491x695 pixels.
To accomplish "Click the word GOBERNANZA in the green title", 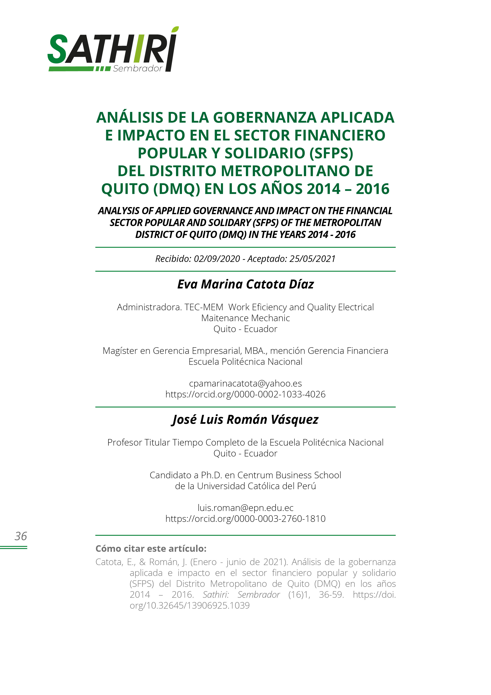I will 265,118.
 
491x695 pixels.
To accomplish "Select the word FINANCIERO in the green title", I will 340,135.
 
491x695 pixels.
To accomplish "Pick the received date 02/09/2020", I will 217,259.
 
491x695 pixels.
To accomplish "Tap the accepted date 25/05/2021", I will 312,259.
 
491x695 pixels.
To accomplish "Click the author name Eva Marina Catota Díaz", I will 245,284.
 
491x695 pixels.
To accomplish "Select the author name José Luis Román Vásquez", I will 245,420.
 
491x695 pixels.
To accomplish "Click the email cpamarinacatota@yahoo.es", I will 245,384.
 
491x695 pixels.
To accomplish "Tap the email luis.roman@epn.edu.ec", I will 245,508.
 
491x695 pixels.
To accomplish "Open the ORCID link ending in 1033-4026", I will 245,394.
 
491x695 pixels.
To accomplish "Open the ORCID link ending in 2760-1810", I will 245,518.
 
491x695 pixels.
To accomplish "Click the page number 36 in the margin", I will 21,536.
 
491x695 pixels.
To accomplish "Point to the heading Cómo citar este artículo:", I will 151,549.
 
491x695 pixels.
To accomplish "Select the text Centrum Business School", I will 289,475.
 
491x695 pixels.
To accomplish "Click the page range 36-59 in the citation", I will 331,595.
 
